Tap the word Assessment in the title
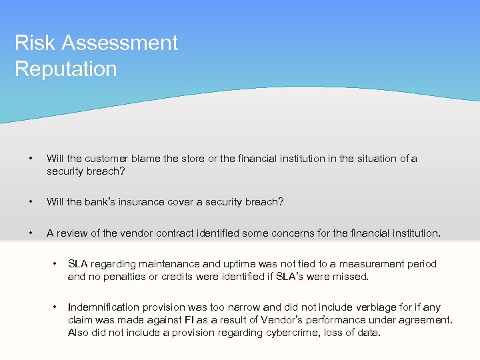pos(117,43)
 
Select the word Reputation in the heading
pos(65,69)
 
